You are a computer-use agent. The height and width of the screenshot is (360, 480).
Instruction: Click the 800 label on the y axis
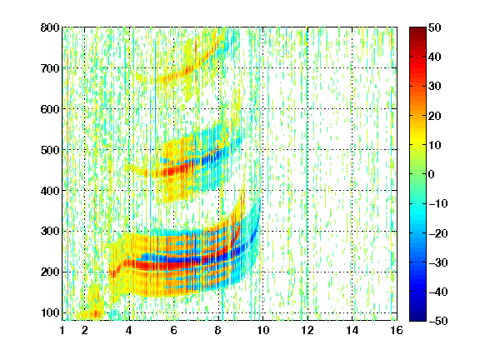(50, 27)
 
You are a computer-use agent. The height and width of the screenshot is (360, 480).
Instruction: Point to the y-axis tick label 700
(50, 68)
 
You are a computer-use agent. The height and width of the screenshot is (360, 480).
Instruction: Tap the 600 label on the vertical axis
(50, 109)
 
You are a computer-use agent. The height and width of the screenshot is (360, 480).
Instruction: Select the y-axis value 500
(50, 150)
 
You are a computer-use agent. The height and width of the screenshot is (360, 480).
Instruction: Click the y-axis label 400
(50, 191)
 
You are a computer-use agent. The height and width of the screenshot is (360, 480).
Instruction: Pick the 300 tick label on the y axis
(50, 232)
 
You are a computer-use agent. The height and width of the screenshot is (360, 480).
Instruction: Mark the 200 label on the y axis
(50, 272)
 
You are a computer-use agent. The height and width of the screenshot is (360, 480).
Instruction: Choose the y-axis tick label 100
(50, 312)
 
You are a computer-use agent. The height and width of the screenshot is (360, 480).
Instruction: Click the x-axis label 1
(62, 331)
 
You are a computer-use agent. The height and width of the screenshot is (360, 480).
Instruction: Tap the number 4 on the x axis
(129, 331)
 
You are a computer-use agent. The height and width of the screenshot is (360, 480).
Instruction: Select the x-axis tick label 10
(262, 331)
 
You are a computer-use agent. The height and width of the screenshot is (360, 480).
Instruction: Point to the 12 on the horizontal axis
(307, 331)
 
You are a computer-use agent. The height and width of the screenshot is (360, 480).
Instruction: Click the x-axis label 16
(397, 331)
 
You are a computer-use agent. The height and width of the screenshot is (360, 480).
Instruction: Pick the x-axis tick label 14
(352, 331)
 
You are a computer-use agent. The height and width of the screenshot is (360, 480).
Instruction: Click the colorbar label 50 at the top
(435, 27)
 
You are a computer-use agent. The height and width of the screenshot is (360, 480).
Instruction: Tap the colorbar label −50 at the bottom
(438, 321)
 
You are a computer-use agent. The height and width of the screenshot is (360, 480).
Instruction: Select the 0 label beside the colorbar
(432, 174)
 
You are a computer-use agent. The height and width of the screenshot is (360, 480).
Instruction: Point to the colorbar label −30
(438, 262)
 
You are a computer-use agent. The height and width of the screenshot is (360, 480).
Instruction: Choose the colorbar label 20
(435, 116)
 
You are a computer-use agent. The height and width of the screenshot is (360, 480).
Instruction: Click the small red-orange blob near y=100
(96, 314)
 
